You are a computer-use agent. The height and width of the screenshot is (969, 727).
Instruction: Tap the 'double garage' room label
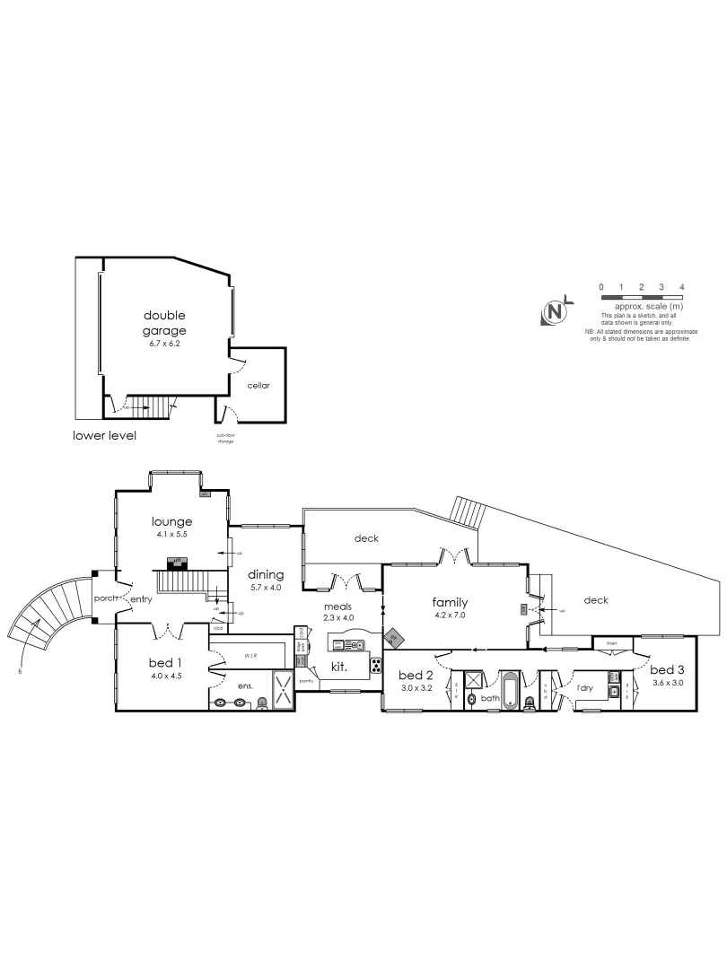click(x=164, y=323)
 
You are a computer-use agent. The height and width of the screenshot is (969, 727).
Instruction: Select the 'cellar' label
click(x=258, y=386)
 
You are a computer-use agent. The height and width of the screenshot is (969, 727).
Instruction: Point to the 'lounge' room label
click(x=172, y=521)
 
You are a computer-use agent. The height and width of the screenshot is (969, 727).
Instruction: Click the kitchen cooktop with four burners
click(x=375, y=667)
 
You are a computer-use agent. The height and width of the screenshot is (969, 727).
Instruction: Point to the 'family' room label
click(x=450, y=602)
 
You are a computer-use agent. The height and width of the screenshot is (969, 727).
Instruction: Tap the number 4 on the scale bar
click(x=683, y=286)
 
